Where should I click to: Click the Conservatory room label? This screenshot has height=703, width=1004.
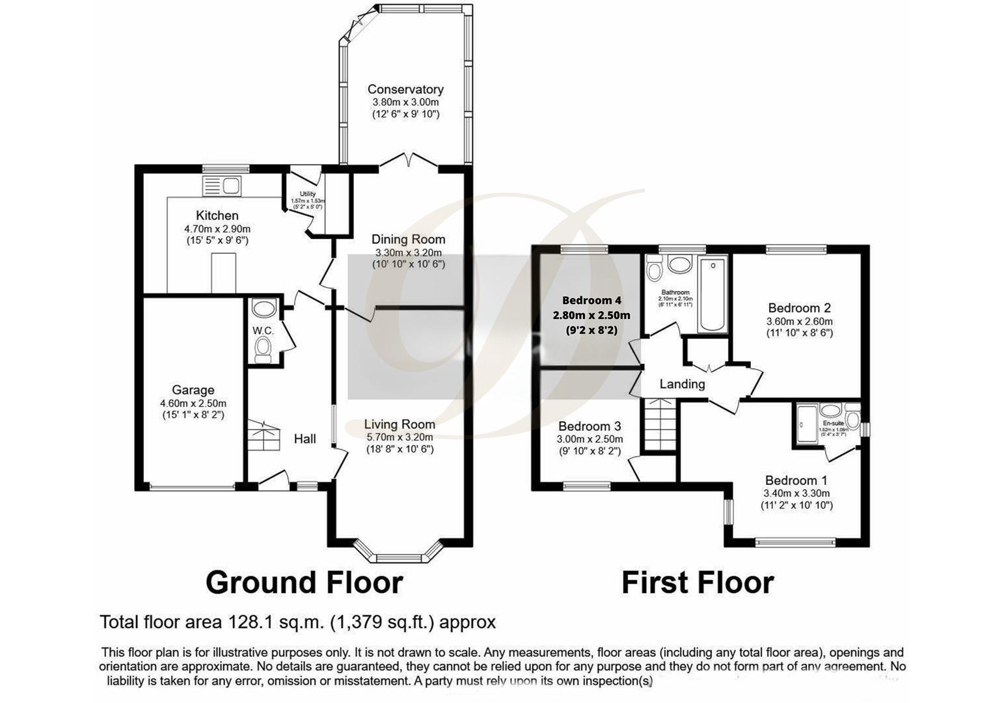[405, 89]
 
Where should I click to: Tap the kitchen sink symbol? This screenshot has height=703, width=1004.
[223, 186]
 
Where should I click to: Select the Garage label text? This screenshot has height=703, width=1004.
[193, 390]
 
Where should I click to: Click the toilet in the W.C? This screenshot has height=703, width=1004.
[263, 351]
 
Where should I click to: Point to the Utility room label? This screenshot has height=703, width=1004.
[307, 194]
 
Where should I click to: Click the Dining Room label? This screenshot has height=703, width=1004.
[408, 240]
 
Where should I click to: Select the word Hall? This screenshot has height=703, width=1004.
[305, 439]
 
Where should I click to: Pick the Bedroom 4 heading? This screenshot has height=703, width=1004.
[591, 300]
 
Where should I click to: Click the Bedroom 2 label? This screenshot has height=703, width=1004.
[799, 308]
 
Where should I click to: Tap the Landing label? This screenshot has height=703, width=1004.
[682, 384]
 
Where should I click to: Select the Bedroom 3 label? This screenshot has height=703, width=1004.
[590, 426]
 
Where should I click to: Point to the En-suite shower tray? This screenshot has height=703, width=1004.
[807, 424]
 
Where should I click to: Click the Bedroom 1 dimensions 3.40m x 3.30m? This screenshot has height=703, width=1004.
[796, 493]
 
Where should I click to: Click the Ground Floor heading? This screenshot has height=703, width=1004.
[304, 582]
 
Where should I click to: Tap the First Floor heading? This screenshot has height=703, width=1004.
[698, 582]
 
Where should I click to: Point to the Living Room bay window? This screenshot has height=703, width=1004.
[398, 555]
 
